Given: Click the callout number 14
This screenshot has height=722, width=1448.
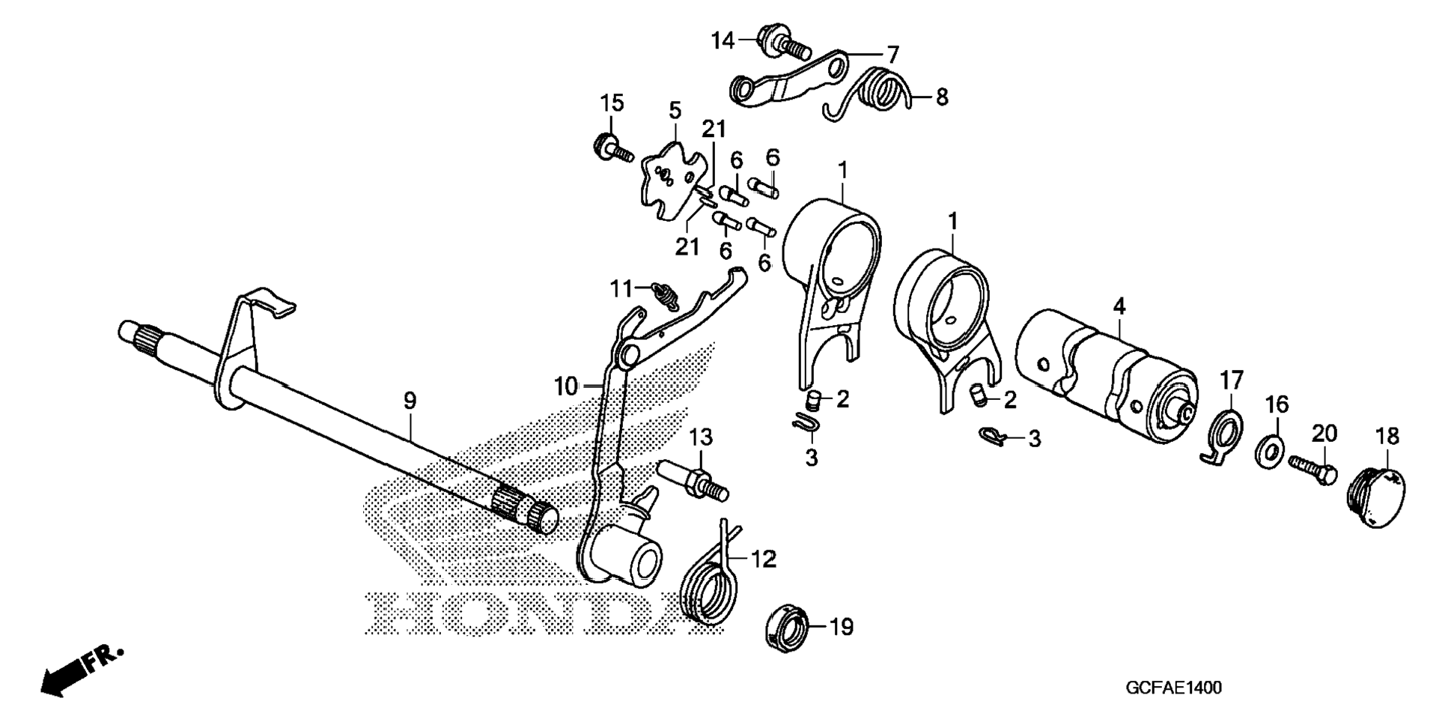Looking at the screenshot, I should [723, 40].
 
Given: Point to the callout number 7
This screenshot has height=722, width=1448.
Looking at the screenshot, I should [892, 54].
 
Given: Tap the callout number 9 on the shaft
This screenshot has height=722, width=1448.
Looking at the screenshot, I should [409, 401].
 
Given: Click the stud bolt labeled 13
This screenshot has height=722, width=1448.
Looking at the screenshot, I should [692, 479].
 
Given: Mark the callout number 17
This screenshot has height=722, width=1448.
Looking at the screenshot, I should [1232, 380].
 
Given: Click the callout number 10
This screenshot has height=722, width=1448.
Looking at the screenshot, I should [566, 386].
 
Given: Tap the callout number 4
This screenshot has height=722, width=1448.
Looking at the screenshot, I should [1119, 306].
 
